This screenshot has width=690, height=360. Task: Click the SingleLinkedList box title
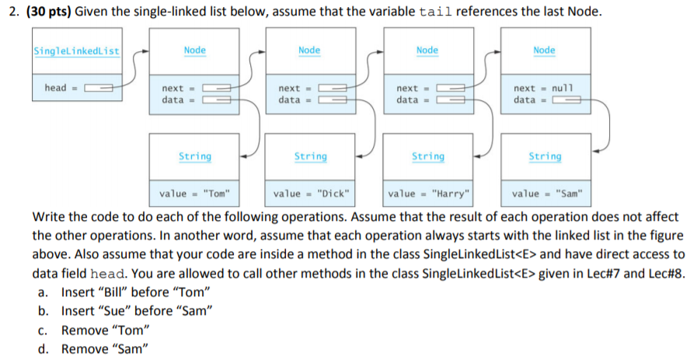tap(76, 51)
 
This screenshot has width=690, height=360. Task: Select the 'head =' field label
tap(57, 88)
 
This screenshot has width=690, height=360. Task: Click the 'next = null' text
tap(542, 89)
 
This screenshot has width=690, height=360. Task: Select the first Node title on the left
tap(194, 51)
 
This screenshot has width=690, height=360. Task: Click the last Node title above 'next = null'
tap(544, 51)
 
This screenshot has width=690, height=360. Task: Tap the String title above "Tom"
tap(194, 156)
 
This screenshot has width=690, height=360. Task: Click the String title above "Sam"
tap(545, 156)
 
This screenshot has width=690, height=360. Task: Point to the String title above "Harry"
tap(428, 156)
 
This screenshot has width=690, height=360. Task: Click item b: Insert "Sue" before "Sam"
tap(136, 311)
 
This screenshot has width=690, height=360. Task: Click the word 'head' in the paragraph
tap(106, 274)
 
